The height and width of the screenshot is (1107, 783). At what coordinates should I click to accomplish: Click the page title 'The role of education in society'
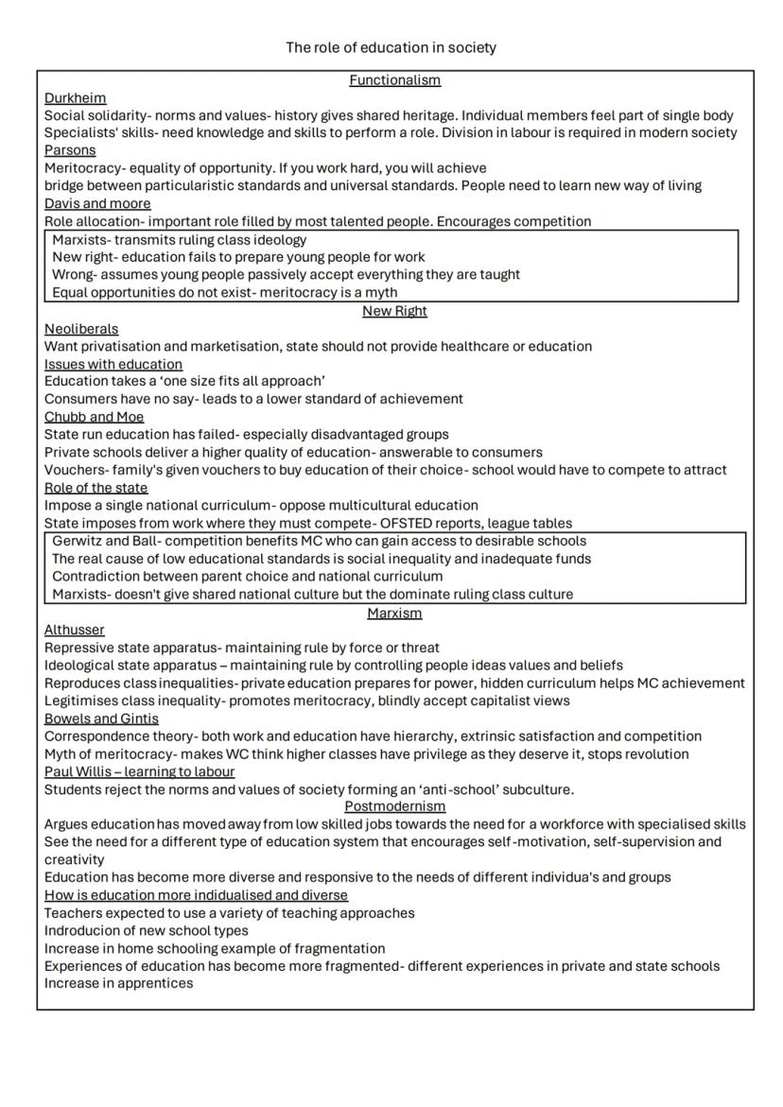(x=391, y=47)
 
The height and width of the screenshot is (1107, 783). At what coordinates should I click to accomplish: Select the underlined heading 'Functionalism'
(x=394, y=80)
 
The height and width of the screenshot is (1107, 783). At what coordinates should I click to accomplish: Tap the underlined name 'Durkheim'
(x=76, y=97)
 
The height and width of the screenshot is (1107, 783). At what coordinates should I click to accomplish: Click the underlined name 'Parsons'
(x=70, y=150)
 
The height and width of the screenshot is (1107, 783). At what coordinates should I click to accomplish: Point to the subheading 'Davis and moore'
(x=97, y=203)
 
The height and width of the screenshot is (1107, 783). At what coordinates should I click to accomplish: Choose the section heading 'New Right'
(x=394, y=311)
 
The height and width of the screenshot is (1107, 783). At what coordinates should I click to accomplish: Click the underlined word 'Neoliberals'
(x=81, y=329)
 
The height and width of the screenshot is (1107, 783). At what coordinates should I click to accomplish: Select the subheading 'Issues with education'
(x=113, y=364)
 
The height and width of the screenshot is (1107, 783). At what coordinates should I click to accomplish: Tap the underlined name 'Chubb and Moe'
(x=95, y=417)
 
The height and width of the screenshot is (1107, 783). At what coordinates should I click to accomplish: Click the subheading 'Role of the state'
(x=96, y=488)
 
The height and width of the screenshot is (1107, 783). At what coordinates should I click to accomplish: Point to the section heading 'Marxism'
(x=394, y=614)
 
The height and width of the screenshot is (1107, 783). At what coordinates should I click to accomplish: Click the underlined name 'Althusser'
(x=75, y=630)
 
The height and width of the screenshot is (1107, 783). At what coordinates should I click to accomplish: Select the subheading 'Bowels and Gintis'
(x=101, y=718)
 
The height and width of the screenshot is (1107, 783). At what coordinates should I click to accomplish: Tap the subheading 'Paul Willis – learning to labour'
(x=139, y=771)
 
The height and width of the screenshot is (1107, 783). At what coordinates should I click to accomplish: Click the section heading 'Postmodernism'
(x=394, y=806)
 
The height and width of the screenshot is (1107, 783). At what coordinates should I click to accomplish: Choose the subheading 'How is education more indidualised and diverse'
(x=196, y=895)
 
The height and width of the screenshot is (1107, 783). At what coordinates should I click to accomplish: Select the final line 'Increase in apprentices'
(x=118, y=983)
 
